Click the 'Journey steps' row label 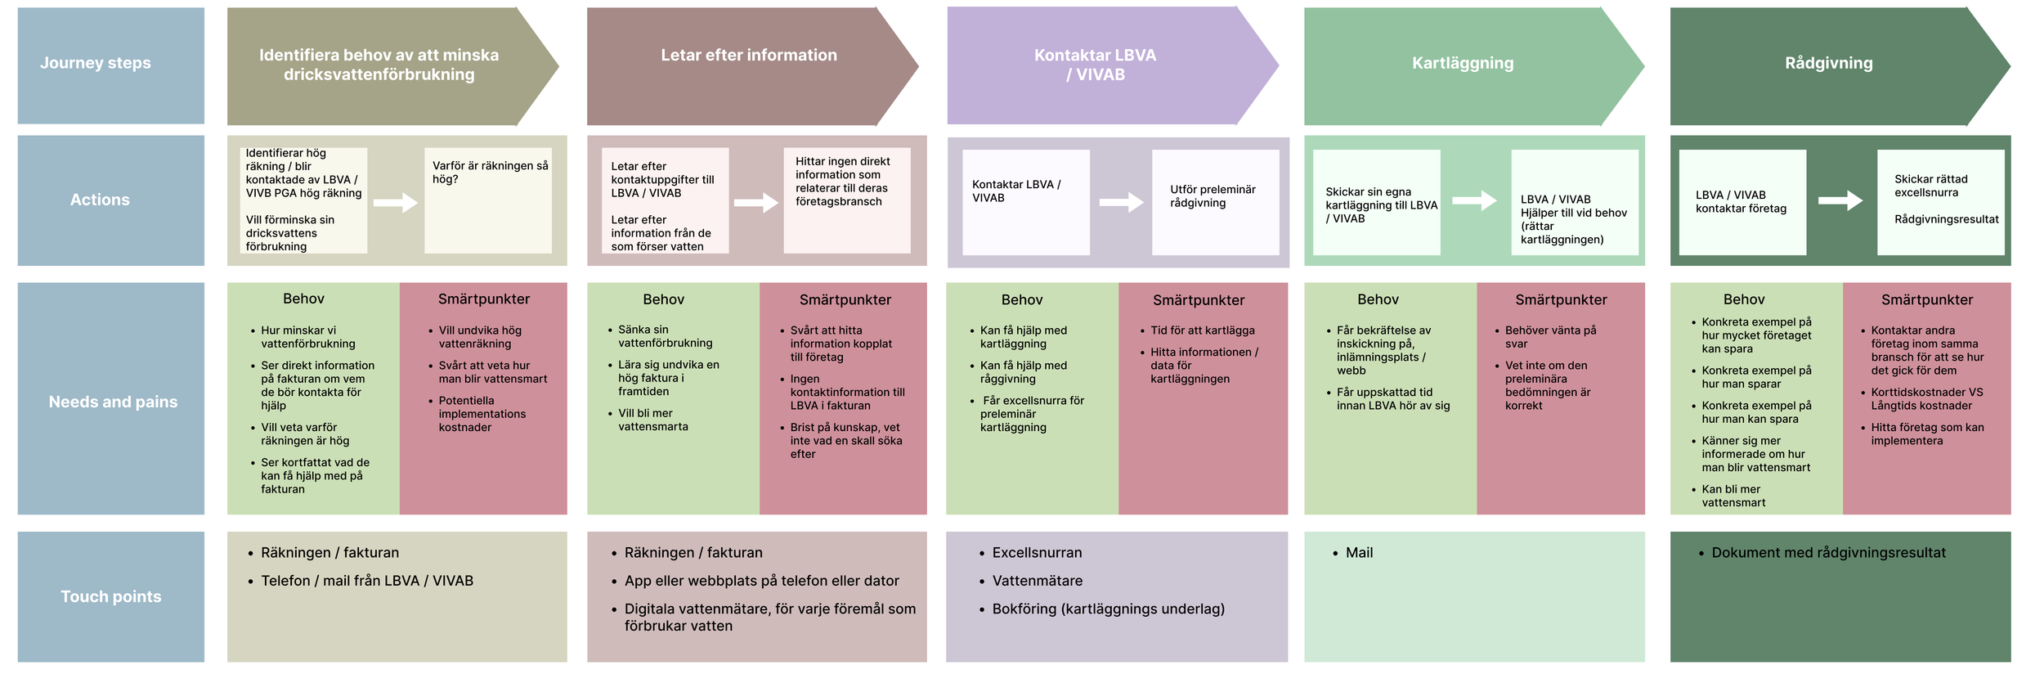(96, 63)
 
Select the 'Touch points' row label (111, 596)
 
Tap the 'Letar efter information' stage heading (749, 56)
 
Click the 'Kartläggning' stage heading (1463, 63)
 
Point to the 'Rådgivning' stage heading (1828, 63)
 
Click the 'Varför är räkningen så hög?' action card (488, 200)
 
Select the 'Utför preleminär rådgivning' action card (1215, 201)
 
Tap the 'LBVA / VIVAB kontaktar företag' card (1741, 202)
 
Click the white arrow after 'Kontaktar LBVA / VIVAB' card (1121, 202)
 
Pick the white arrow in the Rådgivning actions (1840, 200)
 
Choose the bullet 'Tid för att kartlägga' (1202, 330)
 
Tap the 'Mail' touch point (1359, 553)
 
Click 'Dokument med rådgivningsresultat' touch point (1828, 553)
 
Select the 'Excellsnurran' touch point (1037, 553)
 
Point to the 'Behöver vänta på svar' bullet (1549, 337)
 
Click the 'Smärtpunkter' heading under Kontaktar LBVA (1199, 300)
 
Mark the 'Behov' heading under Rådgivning (1743, 299)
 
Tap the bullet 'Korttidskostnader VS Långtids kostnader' (1926, 399)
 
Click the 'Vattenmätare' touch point (1037, 581)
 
